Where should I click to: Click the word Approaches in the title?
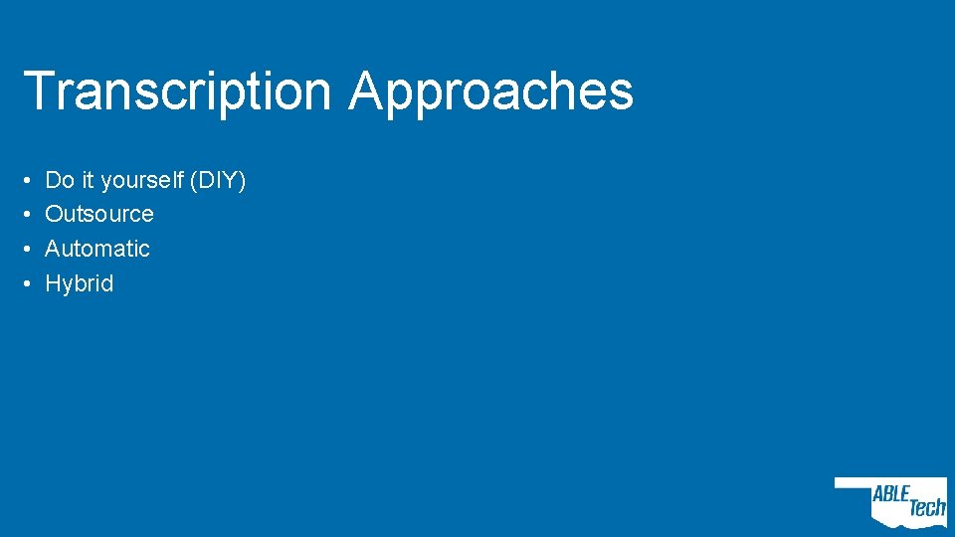click(x=490, y=91)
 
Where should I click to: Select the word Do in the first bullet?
click(x=60, y=180)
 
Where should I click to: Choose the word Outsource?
click(x=99, y=214)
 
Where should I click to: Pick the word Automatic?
click(x=97, y=249)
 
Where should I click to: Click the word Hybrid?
click(x=80, y=283)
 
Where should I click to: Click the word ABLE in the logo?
click(x=891, y=494)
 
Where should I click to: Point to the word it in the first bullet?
click(x=88, y=180)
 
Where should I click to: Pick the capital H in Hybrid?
click(x=54, y=283)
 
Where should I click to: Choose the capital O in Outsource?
click(x=55, y=214)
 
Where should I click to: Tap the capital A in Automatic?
click(x=54, y=249)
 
